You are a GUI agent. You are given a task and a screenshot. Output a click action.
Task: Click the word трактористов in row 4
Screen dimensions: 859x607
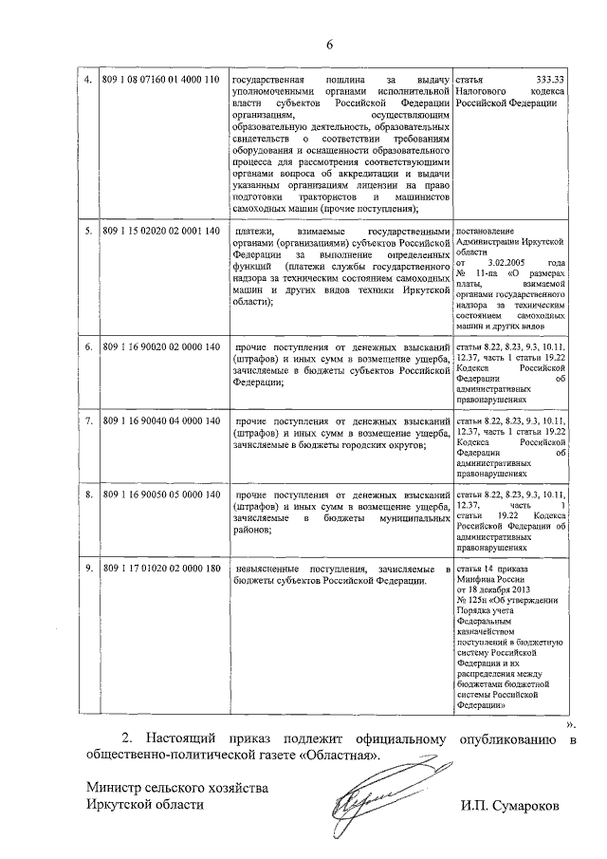coord(311,196)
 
